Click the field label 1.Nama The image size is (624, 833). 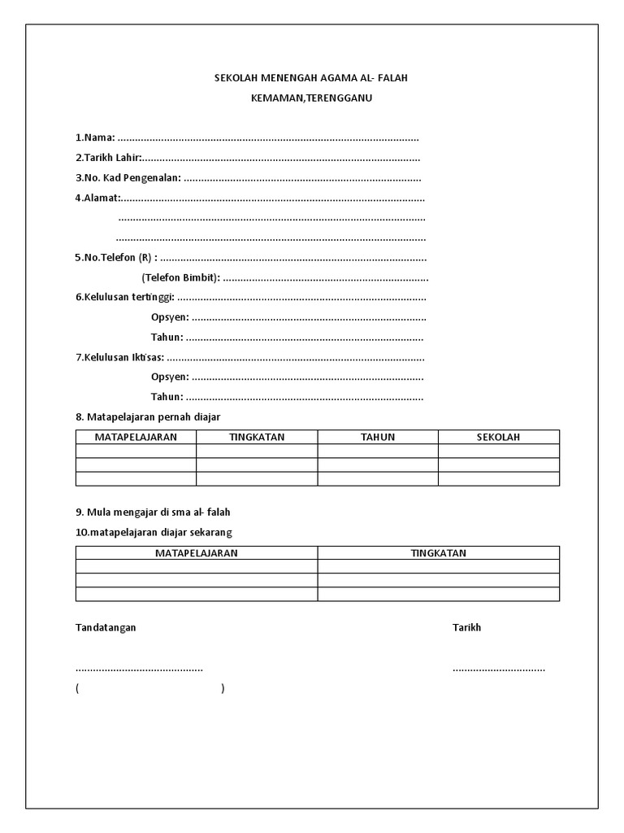coord(95,137)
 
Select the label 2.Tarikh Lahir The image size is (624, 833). coord(108,158)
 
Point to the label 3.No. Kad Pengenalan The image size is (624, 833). coord(128,177)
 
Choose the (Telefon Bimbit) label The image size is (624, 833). coord(180,277)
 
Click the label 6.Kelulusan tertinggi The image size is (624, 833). coord(125,297)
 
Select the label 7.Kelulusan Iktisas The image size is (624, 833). coord(119,357)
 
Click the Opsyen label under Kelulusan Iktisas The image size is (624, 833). coord(170,377)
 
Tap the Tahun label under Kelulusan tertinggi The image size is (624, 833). coord(167,337)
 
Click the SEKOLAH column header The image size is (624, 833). coord(498,437)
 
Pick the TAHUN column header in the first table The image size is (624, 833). coord(378,437)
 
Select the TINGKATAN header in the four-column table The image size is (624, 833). coord(257,437)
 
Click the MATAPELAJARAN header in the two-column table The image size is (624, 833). coord(197,553)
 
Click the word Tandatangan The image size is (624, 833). coord(106,627)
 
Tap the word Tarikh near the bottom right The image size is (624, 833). coord(466,627)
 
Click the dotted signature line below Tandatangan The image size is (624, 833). coord(139,669)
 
